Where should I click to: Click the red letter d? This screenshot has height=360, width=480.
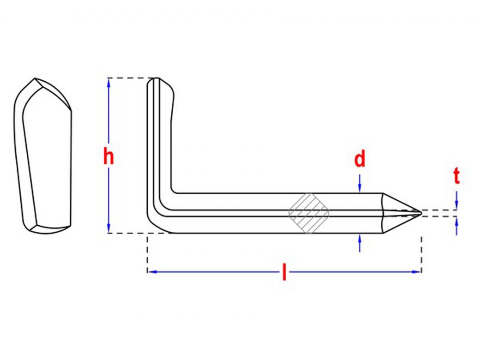(x=360, y=159)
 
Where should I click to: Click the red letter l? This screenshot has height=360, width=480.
(x=284, y=272)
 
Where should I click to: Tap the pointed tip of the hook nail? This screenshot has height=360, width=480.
(x=421, y=213)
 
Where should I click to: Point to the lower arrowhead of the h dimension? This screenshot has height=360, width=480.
(x=108, y=228)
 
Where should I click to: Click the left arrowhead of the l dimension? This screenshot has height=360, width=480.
(x=152, y=271)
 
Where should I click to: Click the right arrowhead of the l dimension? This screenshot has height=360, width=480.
(x=417, y=271)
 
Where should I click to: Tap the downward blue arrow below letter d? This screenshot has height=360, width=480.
(x=360, y=183)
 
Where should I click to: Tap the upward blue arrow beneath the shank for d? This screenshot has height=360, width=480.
(x=360, y=243)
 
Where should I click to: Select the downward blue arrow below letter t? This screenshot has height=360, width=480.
(x=456, y=200)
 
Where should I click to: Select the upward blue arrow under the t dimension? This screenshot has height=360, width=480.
(x=456, y=226)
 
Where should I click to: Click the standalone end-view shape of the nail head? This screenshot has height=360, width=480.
(x=43, y=156)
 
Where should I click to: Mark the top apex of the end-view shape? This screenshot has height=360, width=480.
(x=35, y=78)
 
